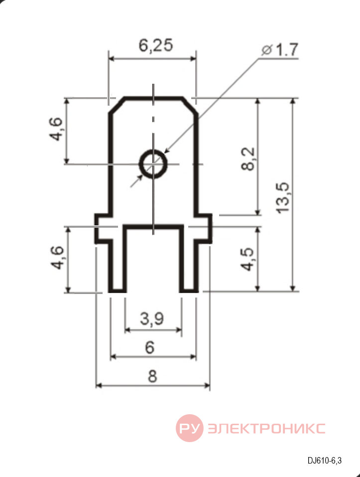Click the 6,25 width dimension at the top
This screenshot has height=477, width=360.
point(156,45)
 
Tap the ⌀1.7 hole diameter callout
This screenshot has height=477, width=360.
point(280,49)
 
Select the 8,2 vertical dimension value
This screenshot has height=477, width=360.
point(248,159)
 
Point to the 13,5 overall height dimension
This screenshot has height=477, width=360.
point(283,198)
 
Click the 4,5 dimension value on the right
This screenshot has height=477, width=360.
point(247,259)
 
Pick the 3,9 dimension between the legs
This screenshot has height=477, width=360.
point(152,318)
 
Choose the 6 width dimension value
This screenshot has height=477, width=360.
point(150,347)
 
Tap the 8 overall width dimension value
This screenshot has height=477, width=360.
point(152,376)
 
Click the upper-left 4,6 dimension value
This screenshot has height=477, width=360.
point(56,129)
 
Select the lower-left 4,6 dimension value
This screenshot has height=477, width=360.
point(57,257)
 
